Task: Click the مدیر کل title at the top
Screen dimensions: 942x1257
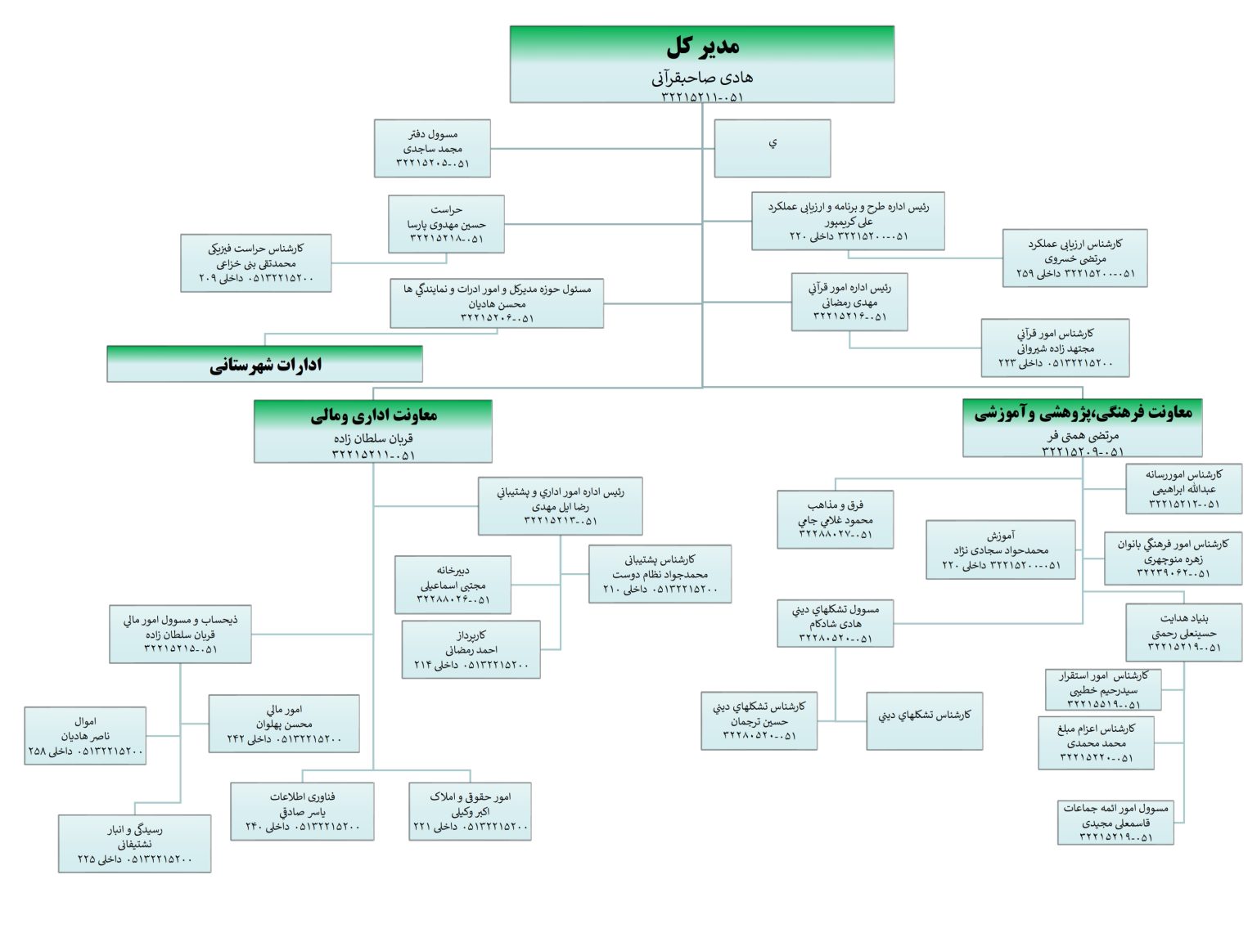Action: pyautogui.click(x=702, y=47)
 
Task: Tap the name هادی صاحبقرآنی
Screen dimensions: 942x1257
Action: pyautogui.click(x=702, y=78)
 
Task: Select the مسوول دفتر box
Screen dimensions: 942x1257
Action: pyautogui.click(x=432, y=148)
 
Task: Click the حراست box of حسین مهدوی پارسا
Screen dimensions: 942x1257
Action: pyautogui.click(x=446, y=223)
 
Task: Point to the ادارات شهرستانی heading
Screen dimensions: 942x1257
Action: pyautogui.click(x=265, y=365)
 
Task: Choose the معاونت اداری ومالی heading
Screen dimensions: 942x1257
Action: pyautogui.click(x=373, y=415)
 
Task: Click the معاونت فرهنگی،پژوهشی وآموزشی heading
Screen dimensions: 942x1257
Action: pyautogui.click(x=1082, y=413)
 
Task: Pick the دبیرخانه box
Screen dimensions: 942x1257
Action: pyautogui.click(x=453, y=585)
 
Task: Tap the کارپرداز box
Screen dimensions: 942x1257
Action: pyautogui.click(x=471, y=649)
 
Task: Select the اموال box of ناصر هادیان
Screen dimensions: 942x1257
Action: pyautogui.click(x=85, y=736)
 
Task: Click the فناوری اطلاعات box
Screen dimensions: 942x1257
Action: pyautogui.click(x=302, y=811)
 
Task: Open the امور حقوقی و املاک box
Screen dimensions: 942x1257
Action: pyautogui.click(x=470, y=811)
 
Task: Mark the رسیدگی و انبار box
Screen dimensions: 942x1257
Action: pyautogui.click(x=134, y=843)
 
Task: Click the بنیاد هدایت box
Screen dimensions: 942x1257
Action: pyautogui.click(x=1183, y=632)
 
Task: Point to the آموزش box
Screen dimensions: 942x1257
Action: pyautogui.click(x=1000, y=549)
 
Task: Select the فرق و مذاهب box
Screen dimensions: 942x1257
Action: pyautogui.click(x=835, y=519)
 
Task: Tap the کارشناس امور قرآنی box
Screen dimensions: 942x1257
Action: pyautogui.click(x=1055, y=348)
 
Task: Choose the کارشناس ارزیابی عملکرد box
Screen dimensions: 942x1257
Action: pyautogui.click(x=1075, y=258)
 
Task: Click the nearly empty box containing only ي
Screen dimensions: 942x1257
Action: pyautogui.click(x=772, y=148)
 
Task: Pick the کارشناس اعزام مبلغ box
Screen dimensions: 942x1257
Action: pyautogui.click(x=1096, y=742)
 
